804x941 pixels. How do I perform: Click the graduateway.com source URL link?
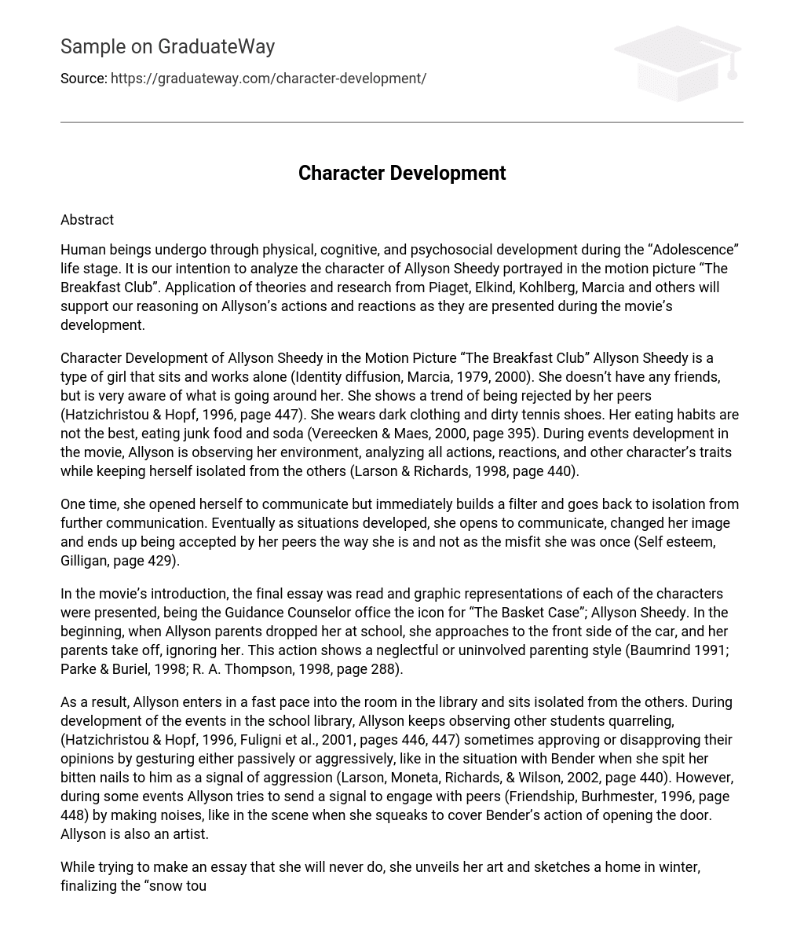click(x=269, y=79)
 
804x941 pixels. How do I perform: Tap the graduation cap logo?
click(x=678, y=64)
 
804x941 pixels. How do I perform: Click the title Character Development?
click(x=402, y=174)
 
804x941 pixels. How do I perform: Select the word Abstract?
click(x=87, y=220)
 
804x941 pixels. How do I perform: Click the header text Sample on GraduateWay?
click(x=167, y=47)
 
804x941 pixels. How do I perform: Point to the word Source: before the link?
click(x=84, y=79)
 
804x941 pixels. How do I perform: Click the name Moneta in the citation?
click(x=411, y=778)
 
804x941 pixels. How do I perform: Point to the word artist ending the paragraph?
click(x=188, y=834)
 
